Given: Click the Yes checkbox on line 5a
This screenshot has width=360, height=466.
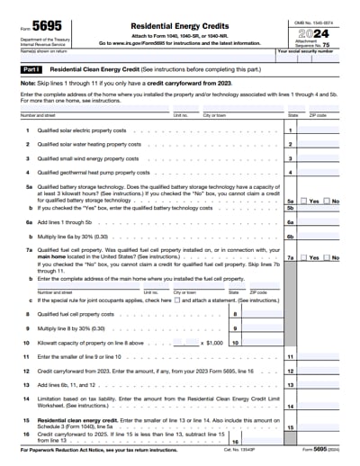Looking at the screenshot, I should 303,201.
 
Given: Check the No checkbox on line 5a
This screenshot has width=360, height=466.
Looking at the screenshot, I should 327,201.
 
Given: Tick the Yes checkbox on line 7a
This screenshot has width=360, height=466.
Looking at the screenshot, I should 303,257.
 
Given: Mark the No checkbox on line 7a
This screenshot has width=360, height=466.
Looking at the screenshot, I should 327,257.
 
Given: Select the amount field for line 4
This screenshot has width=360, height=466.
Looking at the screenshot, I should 323,172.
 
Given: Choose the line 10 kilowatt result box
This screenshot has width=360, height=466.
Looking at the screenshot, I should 261,343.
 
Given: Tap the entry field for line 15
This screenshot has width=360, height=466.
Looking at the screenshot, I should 323,428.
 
